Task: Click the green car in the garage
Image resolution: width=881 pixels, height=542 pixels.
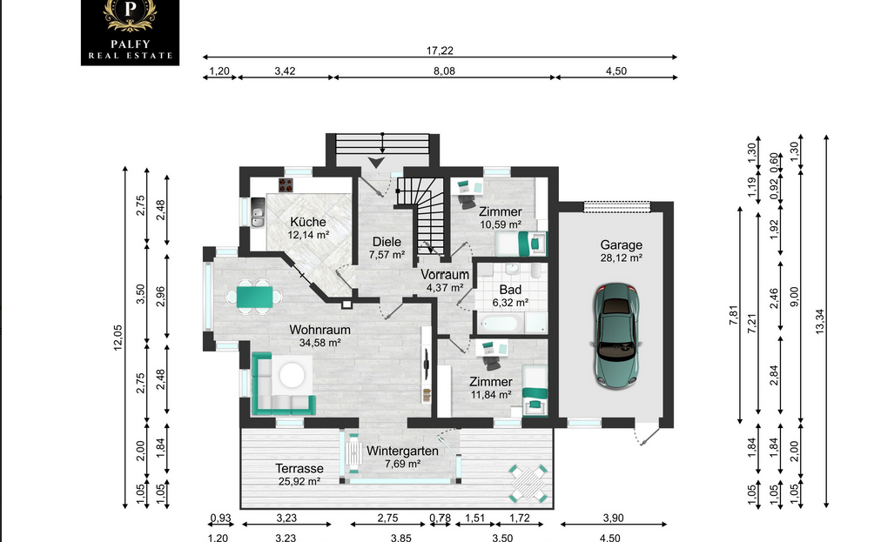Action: coord(616,336)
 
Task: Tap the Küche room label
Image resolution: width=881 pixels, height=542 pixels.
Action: coord(308,222)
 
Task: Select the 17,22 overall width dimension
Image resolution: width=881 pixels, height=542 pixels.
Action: coord(440,50)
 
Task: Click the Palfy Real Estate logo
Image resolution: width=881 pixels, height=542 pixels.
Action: coord(130,32)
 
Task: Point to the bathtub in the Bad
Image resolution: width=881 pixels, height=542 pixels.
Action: coord(500,324)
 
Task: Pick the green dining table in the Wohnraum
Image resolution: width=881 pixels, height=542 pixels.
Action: coord(254,297)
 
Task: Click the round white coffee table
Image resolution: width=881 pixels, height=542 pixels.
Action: coord(293,376)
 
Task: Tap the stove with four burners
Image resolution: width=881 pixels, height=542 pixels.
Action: coord(286,184)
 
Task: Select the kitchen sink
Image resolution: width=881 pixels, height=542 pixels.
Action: coord(258,212)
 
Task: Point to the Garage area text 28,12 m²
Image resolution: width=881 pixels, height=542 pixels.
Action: coord(621,258)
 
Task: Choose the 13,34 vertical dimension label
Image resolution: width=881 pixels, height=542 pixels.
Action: coord(819,322)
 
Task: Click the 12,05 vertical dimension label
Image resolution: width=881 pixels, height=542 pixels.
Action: coord(118,338)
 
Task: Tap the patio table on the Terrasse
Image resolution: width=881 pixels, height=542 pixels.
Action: coord(528,483)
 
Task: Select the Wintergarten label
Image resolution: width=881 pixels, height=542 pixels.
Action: coord(402,451)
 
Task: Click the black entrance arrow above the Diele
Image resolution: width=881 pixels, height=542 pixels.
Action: coord(376,163)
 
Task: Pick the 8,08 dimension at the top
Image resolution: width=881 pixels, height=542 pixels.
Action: coord(444,71)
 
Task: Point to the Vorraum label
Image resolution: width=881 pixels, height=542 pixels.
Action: coord(445,275)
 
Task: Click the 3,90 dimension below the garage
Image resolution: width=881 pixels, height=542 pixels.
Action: coord(613,518)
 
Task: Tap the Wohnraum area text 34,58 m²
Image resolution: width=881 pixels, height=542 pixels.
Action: coord(319,343)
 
